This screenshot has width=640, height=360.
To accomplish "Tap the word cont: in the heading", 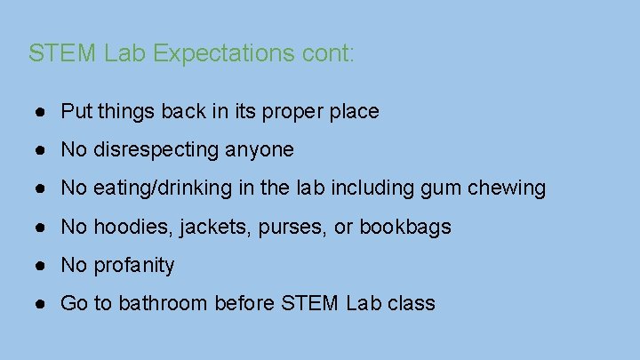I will tap(328, 53).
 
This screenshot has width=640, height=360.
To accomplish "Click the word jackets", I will tap(216, 228).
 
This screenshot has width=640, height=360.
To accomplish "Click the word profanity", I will tap(134, 265).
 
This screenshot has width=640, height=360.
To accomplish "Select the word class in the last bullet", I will tap(412, 304).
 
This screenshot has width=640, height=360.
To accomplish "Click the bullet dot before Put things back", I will tap(42, 112).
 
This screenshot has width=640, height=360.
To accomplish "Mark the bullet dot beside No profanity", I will tap(42, 265).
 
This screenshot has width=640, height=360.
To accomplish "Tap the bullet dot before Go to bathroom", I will tap(42, 304).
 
